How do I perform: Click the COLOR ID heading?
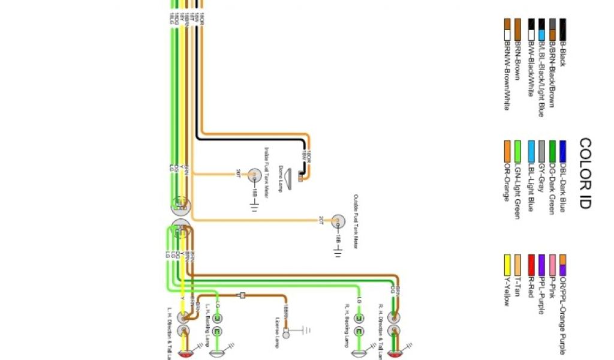pos(585,173)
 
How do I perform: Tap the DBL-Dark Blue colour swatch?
pos(563,148)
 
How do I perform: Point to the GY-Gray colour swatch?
pos(541,148)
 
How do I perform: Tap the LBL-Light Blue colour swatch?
pos(531,148)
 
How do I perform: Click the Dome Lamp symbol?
pos(292,176)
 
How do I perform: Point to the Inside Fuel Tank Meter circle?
pos(255,176)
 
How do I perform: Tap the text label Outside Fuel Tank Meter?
pos(355,222)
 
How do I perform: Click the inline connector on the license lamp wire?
pos(242,295)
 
